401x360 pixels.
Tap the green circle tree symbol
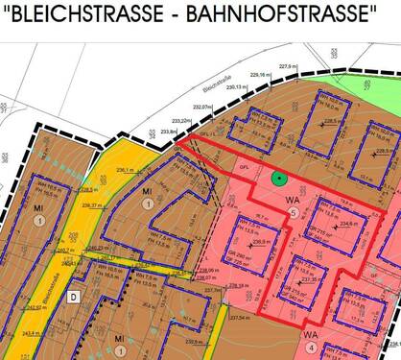pos(278,177)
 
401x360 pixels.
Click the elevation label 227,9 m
pos(290,66)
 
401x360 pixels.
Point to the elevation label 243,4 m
pos(33,333)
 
